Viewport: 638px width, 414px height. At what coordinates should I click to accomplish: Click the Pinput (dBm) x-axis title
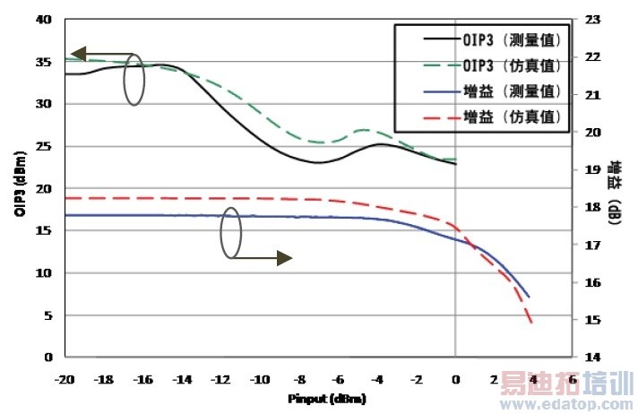(x=327, y=397)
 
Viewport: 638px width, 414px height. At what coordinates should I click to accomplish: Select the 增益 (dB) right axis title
(x=616, y=192)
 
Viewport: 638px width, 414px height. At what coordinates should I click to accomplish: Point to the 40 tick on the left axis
(x=46, y=19)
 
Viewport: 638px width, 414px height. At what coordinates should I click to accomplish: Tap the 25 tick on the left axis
(x=46, y=146)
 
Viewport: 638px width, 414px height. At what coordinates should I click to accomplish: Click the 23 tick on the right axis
(x=591, y=19)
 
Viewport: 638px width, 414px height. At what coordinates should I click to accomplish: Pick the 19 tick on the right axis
(x=591, y=169)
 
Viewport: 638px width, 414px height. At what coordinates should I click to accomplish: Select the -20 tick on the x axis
(x=64, y=380)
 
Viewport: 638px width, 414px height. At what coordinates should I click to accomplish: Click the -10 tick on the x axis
(x=260, y=380)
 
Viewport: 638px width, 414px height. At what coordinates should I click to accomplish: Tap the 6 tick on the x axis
(x=573, y=380)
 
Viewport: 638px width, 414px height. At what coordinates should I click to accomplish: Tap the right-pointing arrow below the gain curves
(x=262, y=259)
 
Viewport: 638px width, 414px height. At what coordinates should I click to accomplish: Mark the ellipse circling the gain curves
(x=231, y=233)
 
